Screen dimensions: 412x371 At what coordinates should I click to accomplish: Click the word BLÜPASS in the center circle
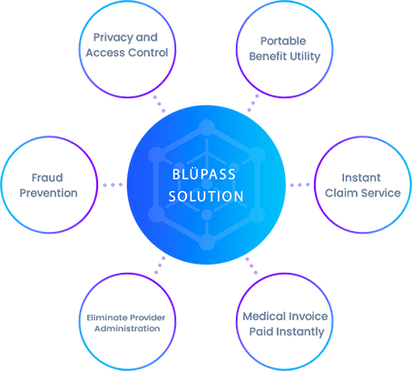[204, 175]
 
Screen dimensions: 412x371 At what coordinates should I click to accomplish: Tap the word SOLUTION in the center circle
[206, 196]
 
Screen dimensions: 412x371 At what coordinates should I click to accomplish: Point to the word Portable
[283, 41]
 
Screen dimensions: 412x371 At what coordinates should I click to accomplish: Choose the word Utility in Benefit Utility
[304, 56]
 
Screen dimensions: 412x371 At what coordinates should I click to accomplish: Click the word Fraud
[47, 177]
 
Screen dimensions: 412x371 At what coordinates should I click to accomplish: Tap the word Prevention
[48, 193]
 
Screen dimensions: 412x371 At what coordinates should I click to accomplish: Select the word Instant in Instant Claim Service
[361, 177]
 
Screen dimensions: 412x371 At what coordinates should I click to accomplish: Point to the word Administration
[127, 328]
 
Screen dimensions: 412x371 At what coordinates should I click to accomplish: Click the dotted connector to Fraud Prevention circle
[113, 185]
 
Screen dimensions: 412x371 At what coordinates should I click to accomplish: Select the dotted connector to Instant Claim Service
[299, 185]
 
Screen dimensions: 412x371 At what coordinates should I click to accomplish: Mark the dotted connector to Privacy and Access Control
[159, 104]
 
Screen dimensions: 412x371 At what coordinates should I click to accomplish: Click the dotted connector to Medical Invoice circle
[251, 266]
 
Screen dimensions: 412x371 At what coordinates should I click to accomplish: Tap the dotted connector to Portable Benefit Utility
[253, 103]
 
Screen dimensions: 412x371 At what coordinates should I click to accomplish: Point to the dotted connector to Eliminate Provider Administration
[160, 266]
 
